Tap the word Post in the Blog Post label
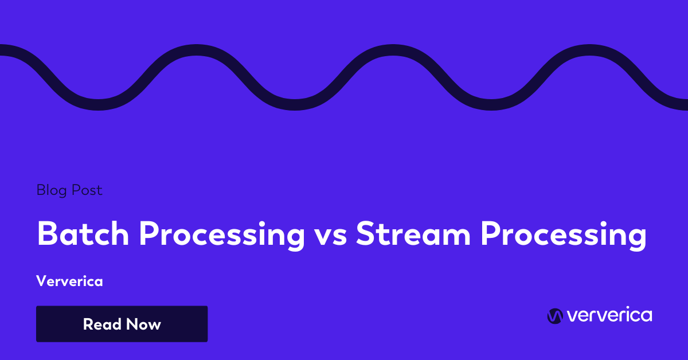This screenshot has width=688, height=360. [87, 190]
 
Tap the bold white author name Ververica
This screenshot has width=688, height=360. [69, 281]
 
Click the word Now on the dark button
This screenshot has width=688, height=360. [143, 324]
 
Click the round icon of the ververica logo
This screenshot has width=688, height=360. [554, 316]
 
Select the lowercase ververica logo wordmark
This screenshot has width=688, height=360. [609, 315]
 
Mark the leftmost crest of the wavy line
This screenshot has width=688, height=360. [193, 49]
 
